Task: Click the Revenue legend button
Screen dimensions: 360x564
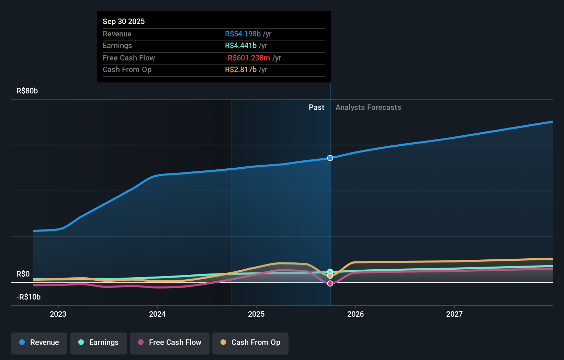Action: tap(39, 342)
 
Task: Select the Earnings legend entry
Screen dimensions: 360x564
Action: tap(99, 342)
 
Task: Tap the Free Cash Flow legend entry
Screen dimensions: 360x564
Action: tap(170, 342)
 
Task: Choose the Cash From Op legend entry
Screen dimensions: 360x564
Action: tap(250, 342)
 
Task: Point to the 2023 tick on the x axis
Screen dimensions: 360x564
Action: tap(58, 314)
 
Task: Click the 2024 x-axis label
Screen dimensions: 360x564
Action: tap(157, 314)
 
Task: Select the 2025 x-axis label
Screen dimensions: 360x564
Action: tap(256, 314)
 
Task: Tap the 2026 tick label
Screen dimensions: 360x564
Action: tap(356, 314)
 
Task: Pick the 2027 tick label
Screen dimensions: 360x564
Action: tap(454, 314)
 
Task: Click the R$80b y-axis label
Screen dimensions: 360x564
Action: tap(27, 91)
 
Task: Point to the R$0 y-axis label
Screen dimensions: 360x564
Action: tap(23, 274)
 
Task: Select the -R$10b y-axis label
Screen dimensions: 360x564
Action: tap(29, 297)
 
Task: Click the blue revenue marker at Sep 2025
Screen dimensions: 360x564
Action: tap(330, 158)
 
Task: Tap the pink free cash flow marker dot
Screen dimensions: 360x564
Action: tap(330, 283)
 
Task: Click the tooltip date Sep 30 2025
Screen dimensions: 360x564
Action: tap(124, 21)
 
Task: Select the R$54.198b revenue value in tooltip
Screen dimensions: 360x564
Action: tap(243, 34)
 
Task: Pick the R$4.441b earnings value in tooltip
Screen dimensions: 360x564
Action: tap(241, 45)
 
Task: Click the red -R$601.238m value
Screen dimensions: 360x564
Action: tap(247, 58)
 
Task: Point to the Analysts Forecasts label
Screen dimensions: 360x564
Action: tap(368, 108)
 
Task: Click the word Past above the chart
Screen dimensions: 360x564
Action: tap(316, 108)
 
